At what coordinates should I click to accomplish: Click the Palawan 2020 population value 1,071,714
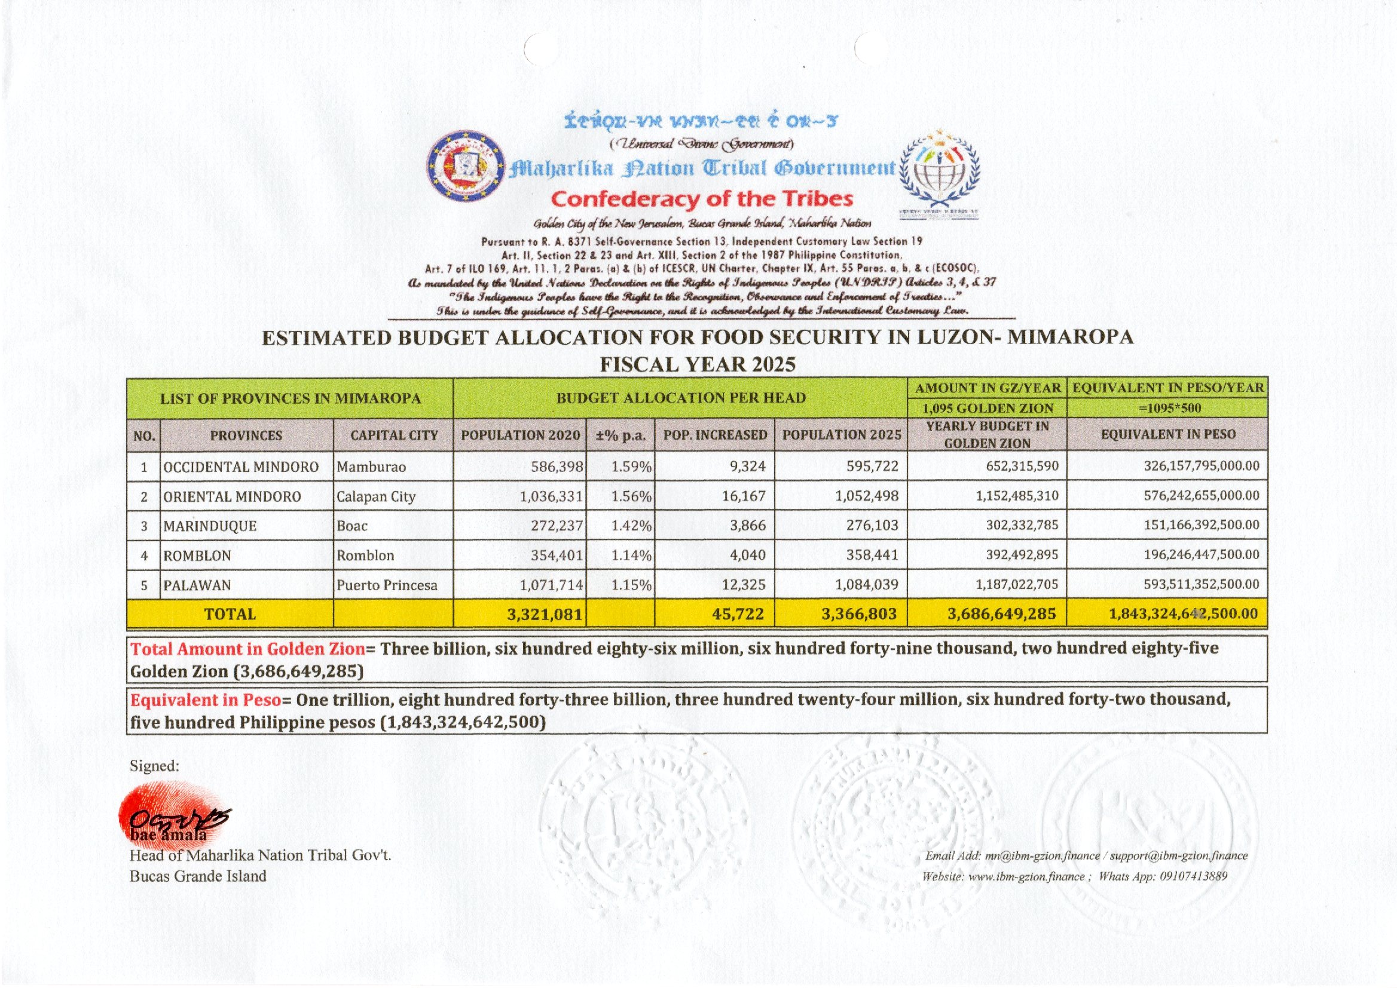click(x=551, y=585)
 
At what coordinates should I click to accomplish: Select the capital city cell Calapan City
click(x=375, y=496)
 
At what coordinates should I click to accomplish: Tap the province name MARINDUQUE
click(x=209, y=526)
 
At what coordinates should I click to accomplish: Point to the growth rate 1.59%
click(x=631, y=467)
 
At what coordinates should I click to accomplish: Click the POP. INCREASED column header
click(x=714, y=435)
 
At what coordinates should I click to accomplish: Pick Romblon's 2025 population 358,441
click(x=872, y=555)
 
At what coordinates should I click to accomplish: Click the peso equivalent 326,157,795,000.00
click(x=1201, y=466)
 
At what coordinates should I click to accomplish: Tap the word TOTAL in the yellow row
click(x=230, y=614)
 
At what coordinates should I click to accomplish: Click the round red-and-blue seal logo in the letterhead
click(x=466, y=165)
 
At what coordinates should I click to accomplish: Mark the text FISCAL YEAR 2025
click(x=698, y=364)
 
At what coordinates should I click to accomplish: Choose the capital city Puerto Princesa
click(x=387, y=585)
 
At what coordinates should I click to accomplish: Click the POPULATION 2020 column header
click(x=520, y=435)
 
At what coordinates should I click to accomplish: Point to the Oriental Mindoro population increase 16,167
click(x=743, y=496)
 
